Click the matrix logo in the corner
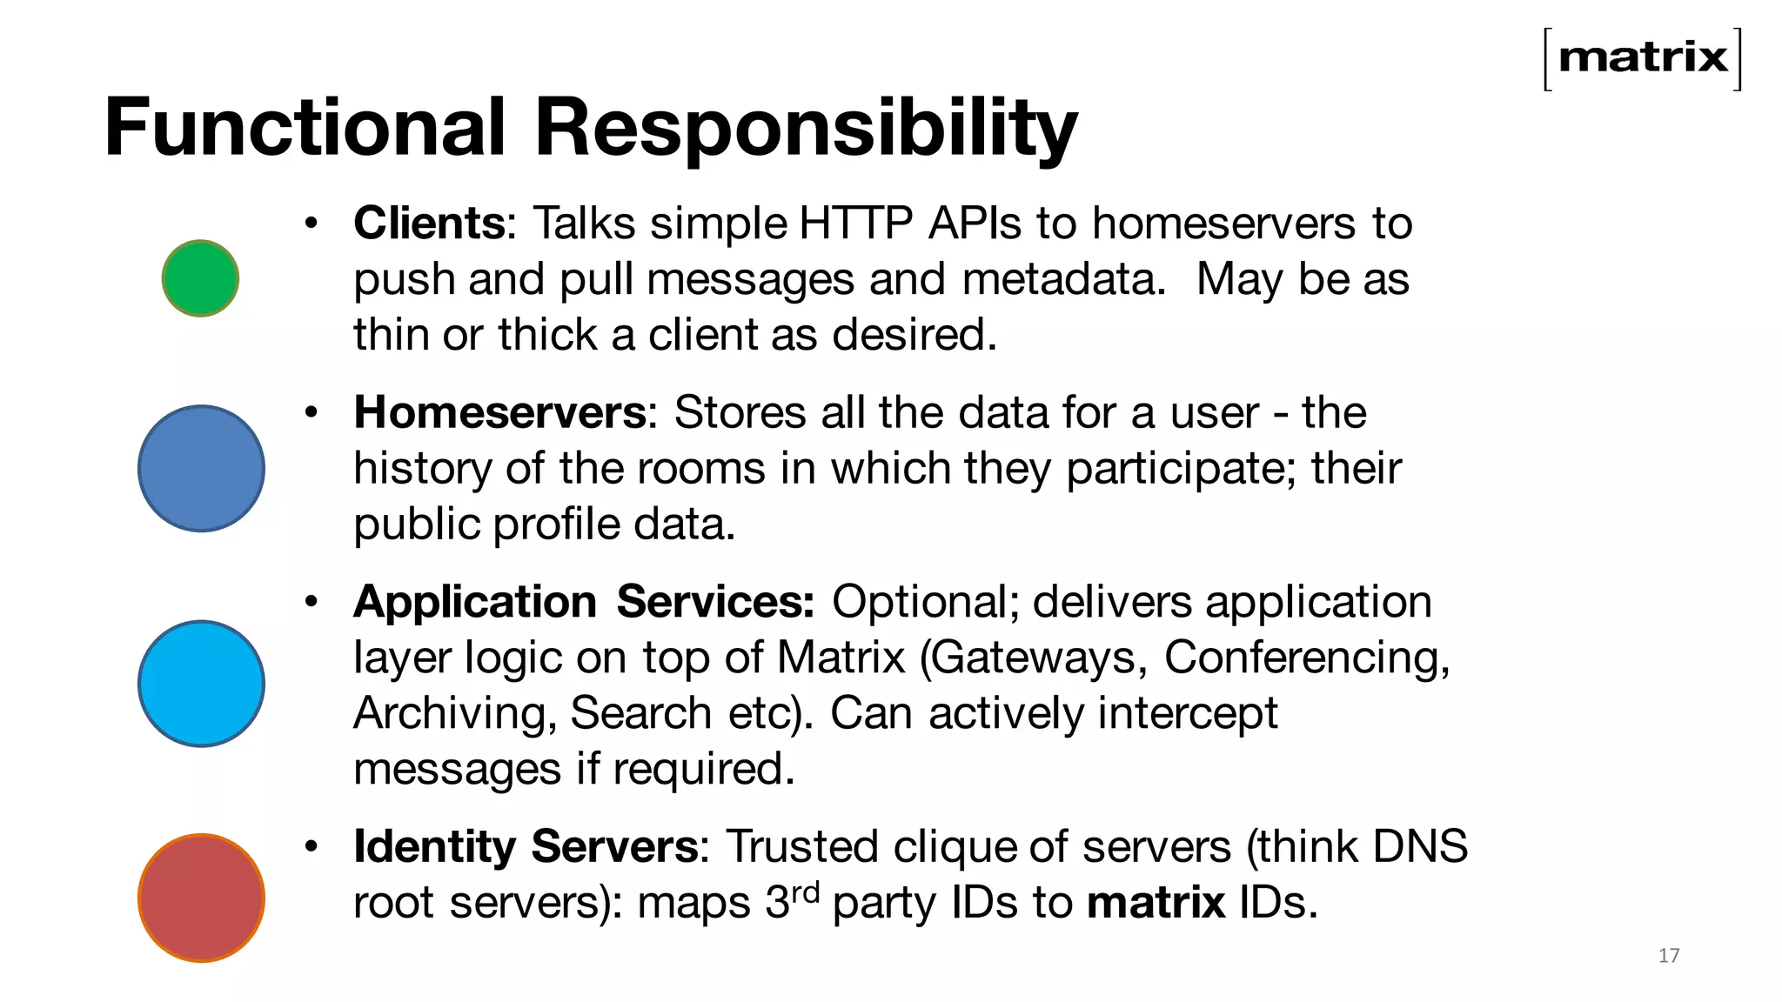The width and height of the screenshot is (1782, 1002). point(1643,58)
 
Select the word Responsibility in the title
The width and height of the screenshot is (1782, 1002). point(805,129)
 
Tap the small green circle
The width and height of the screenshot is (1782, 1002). point(200,278)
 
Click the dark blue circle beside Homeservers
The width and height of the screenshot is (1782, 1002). point(201,468)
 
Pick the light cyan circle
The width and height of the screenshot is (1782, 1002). point(201,683)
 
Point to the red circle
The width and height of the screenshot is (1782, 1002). point(201,898)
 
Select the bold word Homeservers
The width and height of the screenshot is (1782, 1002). point(499,412)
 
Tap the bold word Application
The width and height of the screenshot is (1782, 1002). point(475,602)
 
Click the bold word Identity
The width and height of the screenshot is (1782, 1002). point(434,846)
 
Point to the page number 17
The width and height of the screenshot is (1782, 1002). point(1668,956)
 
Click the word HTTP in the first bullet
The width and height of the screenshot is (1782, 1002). point(855,224)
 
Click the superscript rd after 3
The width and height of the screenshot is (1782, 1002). point(805,891)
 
